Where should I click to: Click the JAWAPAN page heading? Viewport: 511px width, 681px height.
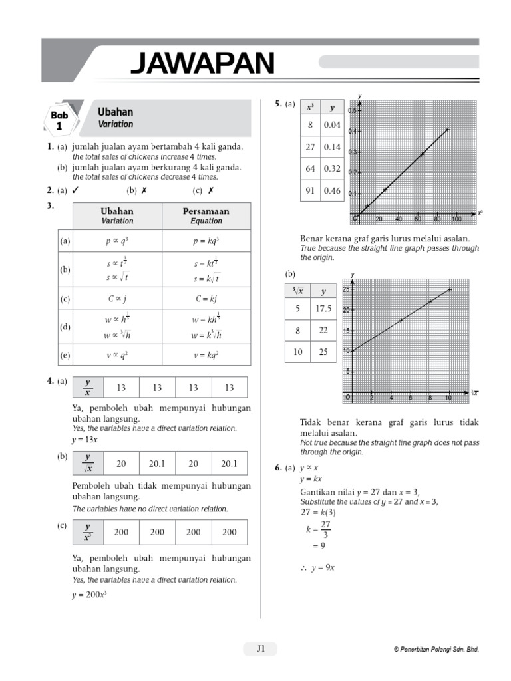pyautogui.click(x=202, y=63)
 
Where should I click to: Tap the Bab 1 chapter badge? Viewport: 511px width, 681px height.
pyautogui.click(x=59, y=120)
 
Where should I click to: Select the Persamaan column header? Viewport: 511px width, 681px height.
pyautogui.click(x=206, y=215)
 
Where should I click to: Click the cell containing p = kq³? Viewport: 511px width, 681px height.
pyautogui.click(x=206, y=241)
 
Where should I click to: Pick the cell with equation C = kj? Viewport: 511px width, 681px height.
pyautogui.click(x=206, y=299)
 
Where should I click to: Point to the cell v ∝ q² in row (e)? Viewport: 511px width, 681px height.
pyautogui.click(x=117, y=355)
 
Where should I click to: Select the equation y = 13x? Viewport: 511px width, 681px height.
pyautogui.click(x=85, y=440)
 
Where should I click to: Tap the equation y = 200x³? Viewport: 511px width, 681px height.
pyautogui.click(x=90, y=595)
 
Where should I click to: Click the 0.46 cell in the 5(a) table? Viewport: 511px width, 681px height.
pyautogui.click(x=331, y=191)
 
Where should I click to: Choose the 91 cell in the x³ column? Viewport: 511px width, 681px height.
pyautogui.click(x=310, y=191)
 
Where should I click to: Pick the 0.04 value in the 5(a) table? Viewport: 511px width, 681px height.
pyautogui.click(x=331, y=125)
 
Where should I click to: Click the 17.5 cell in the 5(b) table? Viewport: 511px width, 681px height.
pyautogui.click(x=323, y=309)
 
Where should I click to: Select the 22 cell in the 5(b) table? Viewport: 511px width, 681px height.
pyautogui.click(x=323, y=330)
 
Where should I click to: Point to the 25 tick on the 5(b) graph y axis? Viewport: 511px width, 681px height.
pyautogui.click(x=345, y=289)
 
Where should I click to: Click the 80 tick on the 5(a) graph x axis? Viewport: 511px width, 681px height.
pyautogui.click(x=437, y=219)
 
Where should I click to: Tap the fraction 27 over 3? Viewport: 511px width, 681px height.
pyautogui.click(x=325, y=529)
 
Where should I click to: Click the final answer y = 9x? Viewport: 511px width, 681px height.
pyautogui.click(x=322, y=568)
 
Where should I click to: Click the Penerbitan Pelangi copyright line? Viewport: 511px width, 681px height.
pyautogui.click(x=436, y=650)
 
